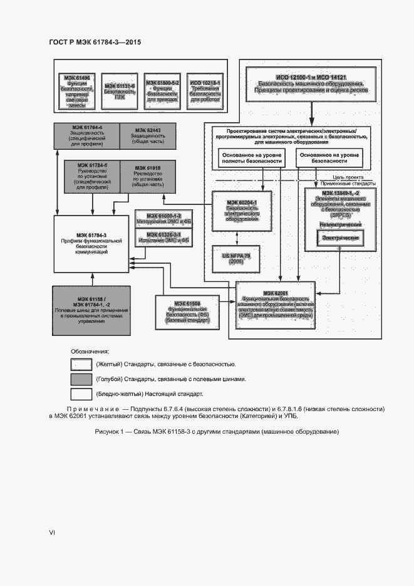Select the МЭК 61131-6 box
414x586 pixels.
click(120, 92)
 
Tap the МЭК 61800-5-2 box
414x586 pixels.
click(162, 92)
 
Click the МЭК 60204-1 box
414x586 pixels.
click(237, 210)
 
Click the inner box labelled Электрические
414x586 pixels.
click(340, 239)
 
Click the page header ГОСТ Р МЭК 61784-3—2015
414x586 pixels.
click(95, 43)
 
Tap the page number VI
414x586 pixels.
click(52, 532)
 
